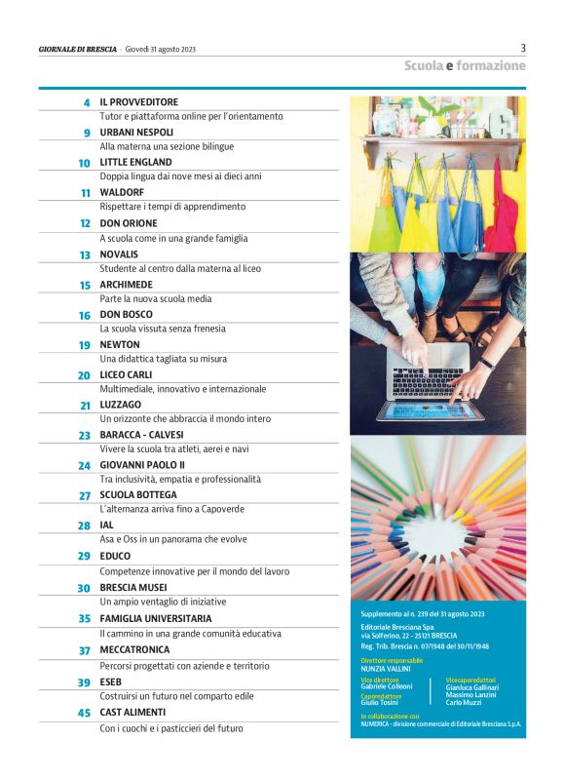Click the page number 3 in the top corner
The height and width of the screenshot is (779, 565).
coord(523,48)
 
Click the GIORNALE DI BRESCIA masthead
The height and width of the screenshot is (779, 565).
coord(77,49)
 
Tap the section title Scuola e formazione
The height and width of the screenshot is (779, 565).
coord(465,66)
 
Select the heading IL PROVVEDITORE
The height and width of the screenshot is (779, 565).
coord(138,101)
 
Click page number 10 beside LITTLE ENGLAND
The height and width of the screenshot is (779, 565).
coord(85,163)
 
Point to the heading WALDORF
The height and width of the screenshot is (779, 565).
coord(122,193)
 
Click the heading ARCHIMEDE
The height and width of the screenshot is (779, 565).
coord(128,285)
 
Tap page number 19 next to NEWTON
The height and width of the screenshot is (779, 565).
coord(85,345)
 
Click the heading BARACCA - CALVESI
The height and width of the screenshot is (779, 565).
coord(142,435)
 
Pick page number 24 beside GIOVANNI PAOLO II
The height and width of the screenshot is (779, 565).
coord(85,466)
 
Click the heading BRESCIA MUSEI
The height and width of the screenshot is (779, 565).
coord(133,588)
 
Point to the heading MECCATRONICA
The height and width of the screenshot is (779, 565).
coord(134,649)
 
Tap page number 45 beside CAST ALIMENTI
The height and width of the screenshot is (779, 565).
coord(85,713)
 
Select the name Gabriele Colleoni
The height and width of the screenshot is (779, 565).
coord(387,686)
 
